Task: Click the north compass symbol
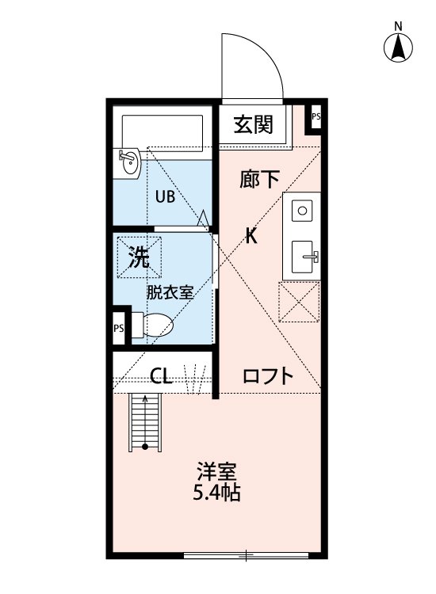(x=398, y=48)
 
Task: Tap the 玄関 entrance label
(x=254, y=124)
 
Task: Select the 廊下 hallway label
(x=259, y=180)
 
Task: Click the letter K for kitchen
(x=251, y=236)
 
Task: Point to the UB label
(x=165, y=197)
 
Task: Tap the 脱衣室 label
(x=169, y=291)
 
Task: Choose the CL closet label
(x=161, y=375)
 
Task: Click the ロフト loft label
(x=268, y=376)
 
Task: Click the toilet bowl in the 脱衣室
(x=156, y=326)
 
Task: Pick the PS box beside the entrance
(x=316, y=117)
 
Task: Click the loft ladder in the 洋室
(x=146, y=421)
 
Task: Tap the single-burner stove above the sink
(x=301, y=210)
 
